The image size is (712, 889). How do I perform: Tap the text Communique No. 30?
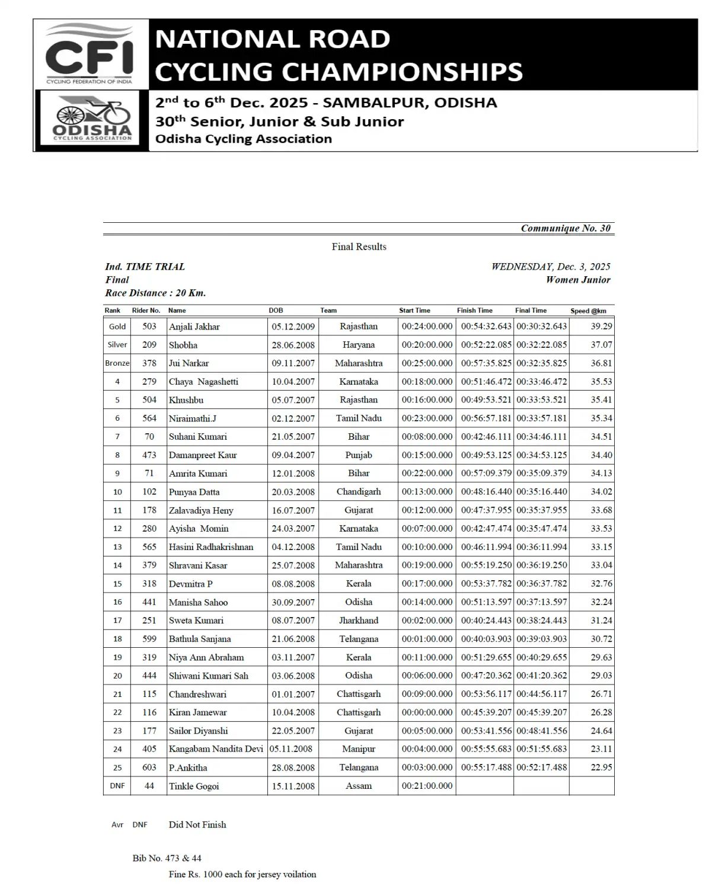565,228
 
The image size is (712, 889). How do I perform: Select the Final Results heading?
359,247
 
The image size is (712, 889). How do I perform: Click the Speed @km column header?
588,311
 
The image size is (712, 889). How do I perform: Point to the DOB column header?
276,311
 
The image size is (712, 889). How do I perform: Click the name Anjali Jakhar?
194,327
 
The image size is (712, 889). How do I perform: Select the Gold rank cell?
117,327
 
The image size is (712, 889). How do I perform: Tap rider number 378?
149,363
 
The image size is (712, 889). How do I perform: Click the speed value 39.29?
601,327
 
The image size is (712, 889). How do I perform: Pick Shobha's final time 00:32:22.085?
541,345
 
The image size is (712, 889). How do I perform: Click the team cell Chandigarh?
359,492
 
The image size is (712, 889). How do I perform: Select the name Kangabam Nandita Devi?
216,749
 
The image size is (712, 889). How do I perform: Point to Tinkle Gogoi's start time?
427,786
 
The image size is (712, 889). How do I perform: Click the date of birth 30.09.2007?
293,602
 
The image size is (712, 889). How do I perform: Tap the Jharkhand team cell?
359,621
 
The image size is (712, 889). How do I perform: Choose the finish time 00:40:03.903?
486,639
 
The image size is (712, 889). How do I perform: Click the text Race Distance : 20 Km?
155,293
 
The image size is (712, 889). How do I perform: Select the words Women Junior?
578,280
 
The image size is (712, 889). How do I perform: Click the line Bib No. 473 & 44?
167,858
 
